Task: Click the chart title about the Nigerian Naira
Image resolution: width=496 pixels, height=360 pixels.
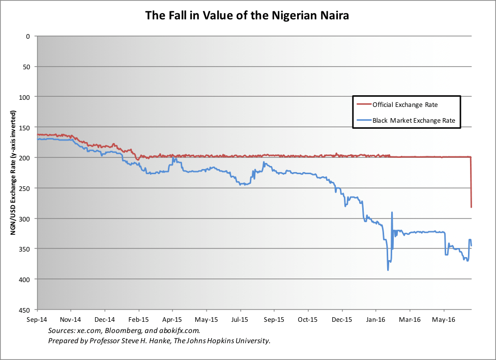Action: tap(247, 15)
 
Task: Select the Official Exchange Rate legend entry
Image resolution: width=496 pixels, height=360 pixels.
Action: tap(404, 104)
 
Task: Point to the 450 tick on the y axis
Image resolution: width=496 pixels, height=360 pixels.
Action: tap(24, 310)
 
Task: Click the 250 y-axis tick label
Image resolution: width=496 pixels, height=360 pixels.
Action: tap(24, 188)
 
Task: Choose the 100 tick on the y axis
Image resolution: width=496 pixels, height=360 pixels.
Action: tap(24, 97)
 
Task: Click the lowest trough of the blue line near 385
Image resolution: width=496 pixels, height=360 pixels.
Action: tap(388, 270)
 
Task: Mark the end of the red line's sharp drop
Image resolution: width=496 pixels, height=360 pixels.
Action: tap(472, 207)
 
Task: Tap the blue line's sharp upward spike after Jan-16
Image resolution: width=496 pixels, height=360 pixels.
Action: tap(392, 212)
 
